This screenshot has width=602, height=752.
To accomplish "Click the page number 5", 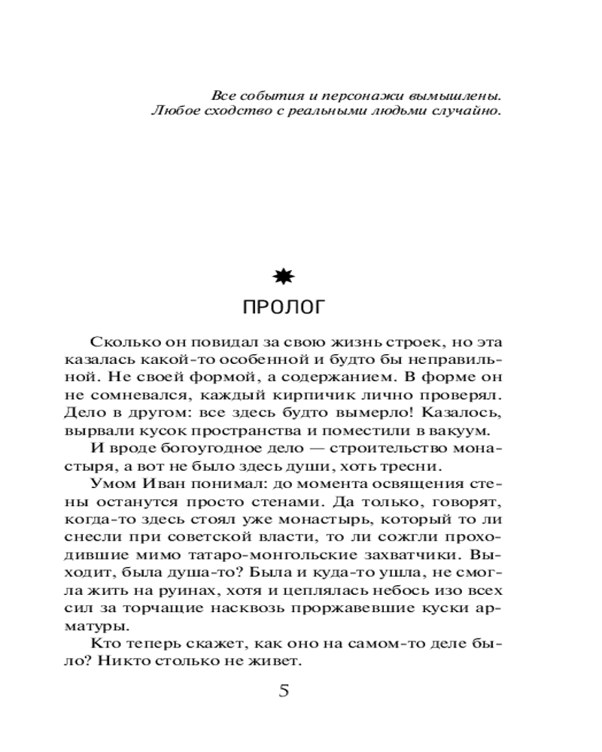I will pyautogui.click(x=284, y=691).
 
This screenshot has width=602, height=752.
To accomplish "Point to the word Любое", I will pyautogui.click(x=172, y=112).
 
